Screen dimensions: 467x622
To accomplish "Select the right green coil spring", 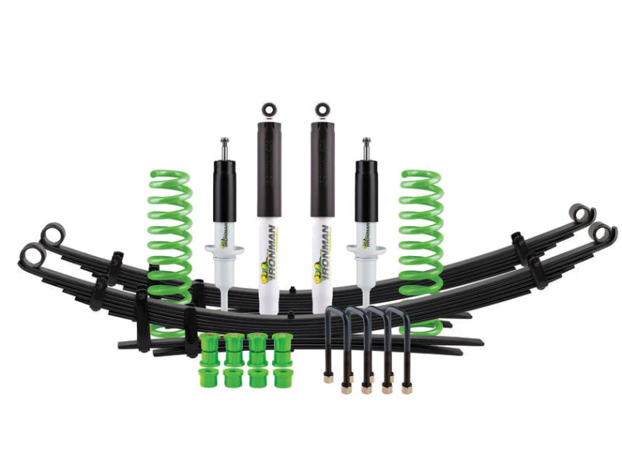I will point(420,233).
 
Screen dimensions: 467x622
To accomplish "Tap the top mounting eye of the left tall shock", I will point(268,110).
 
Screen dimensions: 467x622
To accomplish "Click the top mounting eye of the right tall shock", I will point(319,110).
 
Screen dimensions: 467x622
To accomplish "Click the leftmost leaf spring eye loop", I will point(31,254).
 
